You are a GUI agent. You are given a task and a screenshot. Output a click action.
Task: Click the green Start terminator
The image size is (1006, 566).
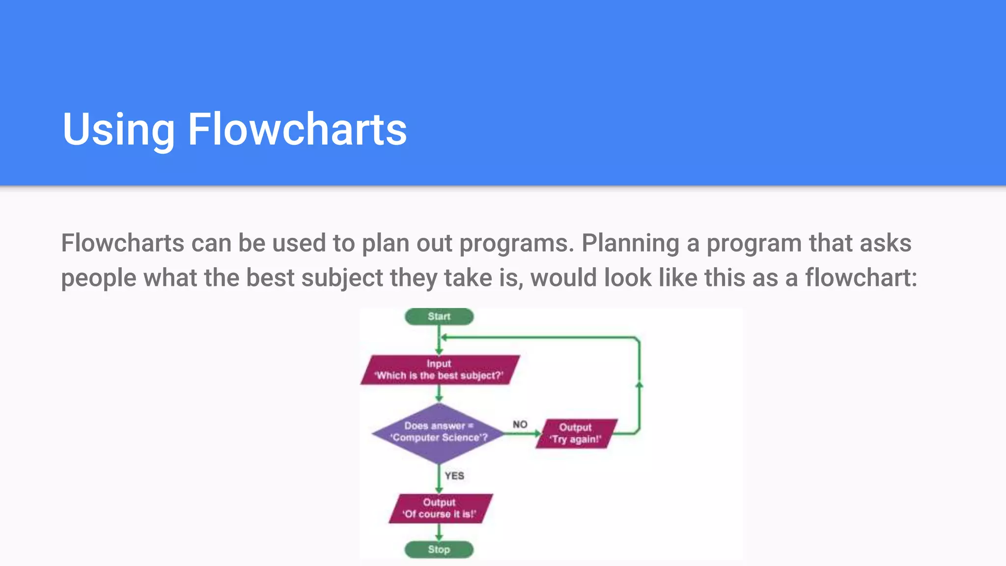(439, 316)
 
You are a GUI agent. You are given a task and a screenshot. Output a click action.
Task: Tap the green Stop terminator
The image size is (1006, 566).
(439, 549)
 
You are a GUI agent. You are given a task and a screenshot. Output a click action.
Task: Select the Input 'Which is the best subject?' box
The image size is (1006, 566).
(439, 369)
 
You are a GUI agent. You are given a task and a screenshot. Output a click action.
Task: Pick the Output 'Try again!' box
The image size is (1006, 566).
(576, 433)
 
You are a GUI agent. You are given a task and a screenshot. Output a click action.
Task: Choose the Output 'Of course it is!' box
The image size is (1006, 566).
(440, 508)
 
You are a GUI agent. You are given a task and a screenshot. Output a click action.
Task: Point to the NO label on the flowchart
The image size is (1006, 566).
(520, 424)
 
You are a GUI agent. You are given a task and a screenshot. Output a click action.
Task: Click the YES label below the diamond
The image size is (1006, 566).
(454, 476)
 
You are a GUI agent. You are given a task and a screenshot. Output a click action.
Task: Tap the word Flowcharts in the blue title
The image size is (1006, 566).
(297, 129)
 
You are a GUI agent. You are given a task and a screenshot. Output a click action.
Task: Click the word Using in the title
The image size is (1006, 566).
(118, 129)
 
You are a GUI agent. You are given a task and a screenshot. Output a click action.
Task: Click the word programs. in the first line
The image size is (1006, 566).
(517, 243)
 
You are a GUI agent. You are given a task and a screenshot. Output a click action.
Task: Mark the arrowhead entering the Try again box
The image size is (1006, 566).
(537, 433)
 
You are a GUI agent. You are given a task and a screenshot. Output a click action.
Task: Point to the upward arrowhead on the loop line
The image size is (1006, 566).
(639, 385)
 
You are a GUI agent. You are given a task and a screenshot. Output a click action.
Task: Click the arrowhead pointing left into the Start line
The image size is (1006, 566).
(443, 338)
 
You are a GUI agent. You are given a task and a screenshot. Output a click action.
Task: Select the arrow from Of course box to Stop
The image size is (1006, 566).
(439, 533)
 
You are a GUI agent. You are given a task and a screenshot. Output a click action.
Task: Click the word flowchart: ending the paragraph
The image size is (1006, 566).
(861, 278)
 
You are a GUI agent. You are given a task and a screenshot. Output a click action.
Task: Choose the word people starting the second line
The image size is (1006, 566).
(99, 278)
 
